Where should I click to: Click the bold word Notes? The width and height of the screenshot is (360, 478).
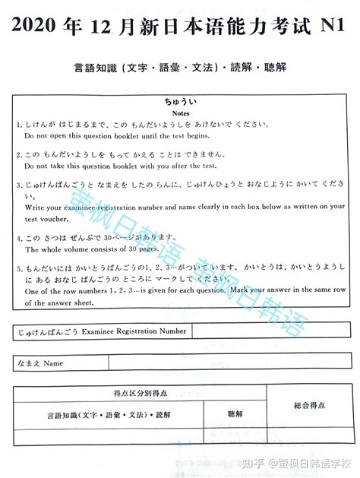(180, 112)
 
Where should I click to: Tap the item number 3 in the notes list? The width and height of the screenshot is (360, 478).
(17, 186)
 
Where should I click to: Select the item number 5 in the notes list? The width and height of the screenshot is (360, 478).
(17, 269)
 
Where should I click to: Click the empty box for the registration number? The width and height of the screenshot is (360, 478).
(270, 332)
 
